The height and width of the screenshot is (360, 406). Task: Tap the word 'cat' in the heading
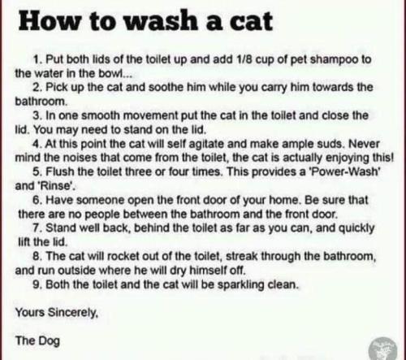point(252,21)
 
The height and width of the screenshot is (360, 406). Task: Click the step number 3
point(37,115)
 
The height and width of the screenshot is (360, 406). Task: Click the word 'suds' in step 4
point(334,144)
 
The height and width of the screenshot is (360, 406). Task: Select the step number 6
point(37,200)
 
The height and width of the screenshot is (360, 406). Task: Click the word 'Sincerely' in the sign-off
point(72,313)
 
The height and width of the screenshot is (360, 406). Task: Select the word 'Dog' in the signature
point(49,340)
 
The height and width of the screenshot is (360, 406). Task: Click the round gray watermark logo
point(383,349)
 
